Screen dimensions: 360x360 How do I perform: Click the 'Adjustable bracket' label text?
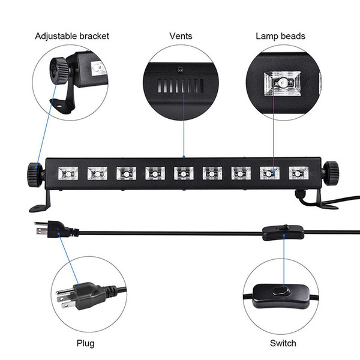(72, 36)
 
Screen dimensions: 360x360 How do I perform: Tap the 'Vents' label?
(181, 36)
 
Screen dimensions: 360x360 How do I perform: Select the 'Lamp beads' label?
(280, 36)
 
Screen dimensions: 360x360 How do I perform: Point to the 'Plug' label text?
(85, 343)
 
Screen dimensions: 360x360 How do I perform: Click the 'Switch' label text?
(283, 343)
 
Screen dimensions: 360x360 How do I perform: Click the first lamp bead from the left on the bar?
(68, 173)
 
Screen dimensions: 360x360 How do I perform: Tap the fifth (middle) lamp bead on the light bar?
(184, 173)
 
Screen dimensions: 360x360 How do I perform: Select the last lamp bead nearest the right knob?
(298, 173)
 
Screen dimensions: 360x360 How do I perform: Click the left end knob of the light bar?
(35, 174)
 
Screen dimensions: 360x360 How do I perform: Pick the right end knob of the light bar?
(331, 173)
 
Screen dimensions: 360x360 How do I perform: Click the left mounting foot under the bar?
(41, 203)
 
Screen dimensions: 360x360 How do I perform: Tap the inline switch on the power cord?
(283, 233)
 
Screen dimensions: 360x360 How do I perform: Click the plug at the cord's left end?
(56, 229)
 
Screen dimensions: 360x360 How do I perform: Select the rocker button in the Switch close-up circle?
(281, 292)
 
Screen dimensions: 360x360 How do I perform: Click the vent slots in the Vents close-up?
(181, 86)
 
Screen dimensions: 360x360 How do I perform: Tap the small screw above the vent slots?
(180, 69)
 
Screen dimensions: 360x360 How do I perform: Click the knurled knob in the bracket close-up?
(59, 71)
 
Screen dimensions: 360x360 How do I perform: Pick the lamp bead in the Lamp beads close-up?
(282, 83)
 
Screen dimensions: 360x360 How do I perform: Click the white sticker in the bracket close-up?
(98, 68)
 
